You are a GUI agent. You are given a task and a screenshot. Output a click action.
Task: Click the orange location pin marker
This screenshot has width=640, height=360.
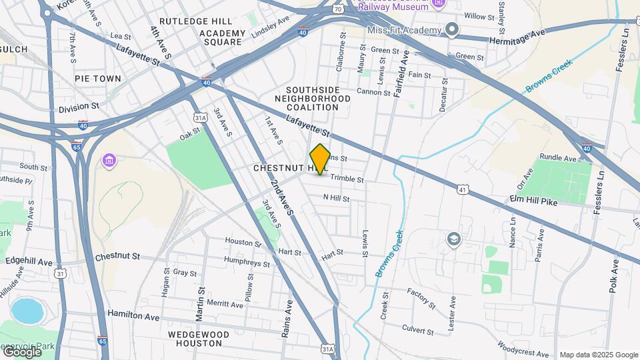pos(320,159)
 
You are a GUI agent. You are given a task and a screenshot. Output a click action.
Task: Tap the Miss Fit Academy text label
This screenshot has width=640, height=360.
pos(403,31)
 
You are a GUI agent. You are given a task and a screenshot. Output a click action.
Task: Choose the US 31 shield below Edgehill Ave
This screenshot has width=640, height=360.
pos(61,274)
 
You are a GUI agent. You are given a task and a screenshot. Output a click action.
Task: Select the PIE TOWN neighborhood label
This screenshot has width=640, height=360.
pos(98,79)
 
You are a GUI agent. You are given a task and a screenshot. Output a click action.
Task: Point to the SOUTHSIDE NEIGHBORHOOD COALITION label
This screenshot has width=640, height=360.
pos(318,98)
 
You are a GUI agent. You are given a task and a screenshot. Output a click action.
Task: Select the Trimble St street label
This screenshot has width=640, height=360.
pos(347,179)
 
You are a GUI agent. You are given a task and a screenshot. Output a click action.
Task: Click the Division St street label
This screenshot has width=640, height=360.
pos(79,107)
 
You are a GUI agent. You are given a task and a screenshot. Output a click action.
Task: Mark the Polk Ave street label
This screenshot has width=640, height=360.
pos(613,273)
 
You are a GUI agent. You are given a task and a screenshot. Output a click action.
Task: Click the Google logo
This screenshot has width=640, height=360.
pos(21,351)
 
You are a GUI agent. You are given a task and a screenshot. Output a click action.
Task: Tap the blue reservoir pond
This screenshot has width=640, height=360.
pos(25,310)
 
